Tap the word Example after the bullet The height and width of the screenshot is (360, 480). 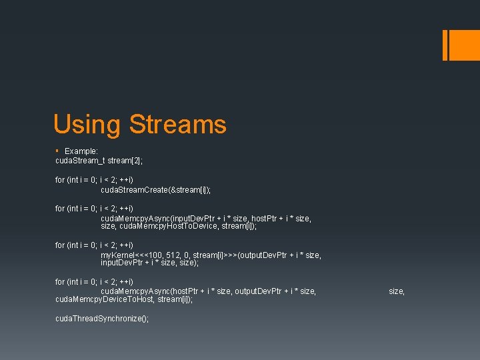[x=81, y=151]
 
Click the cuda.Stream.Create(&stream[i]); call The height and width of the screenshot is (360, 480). [x=155, y=190]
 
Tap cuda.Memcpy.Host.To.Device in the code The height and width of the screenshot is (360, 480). [x=168, y=227]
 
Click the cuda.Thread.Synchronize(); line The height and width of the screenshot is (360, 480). [x=102, y=319]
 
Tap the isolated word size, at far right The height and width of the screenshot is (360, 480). [x=397, y=291]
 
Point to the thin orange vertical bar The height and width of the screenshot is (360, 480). [x=445, y=45]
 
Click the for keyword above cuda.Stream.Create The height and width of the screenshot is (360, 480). [x=61, y=180]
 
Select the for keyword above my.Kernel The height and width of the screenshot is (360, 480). [x=61, y=245]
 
